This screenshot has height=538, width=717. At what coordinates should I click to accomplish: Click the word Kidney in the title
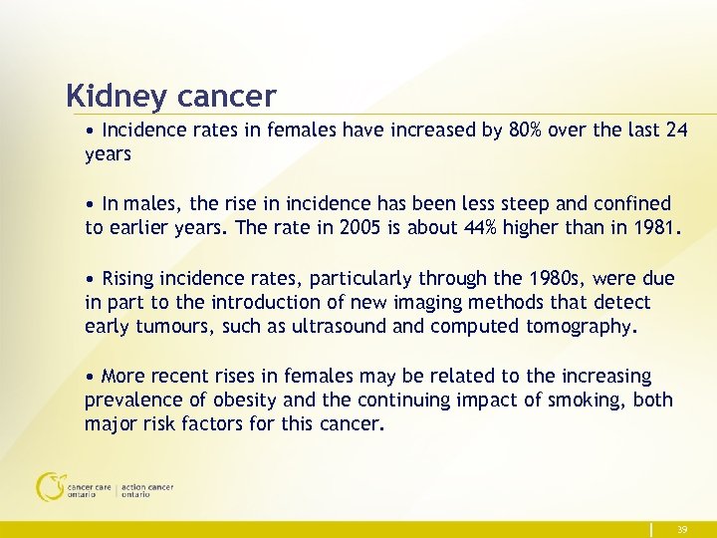[x=117, y=98]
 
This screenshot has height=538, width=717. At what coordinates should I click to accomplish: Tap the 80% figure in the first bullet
[x=533, y=130]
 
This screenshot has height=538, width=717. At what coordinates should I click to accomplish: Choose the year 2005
[x=358, y=227]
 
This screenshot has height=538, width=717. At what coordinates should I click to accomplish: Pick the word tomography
[x=582, y=325]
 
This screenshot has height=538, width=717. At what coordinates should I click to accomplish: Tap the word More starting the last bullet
[x=123, y=376]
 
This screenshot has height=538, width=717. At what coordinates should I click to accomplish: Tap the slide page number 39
[x=681, y=530]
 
